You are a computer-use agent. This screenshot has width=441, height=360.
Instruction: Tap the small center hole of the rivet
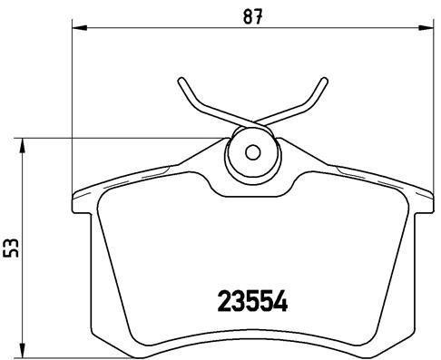pos(253,151)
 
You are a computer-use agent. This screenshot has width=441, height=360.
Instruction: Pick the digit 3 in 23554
pos(238,300)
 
